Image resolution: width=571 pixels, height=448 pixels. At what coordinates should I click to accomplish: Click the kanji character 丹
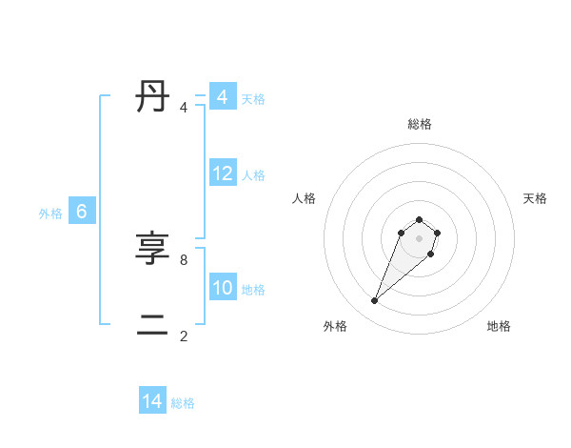(x=152, y=97)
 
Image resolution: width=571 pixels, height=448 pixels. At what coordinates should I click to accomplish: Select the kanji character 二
(x=152, y=326)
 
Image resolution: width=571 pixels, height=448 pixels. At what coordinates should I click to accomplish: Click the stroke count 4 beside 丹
(x=184, y=108)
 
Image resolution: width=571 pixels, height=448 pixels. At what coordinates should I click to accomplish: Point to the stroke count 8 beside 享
(x=184, y=259)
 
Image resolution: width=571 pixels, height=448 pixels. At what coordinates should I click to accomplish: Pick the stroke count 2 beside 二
(x=184, y=336)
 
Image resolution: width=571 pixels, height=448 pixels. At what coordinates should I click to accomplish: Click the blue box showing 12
(x=223, y=173)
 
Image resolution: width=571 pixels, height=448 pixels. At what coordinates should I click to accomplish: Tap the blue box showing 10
(x=223, y=288)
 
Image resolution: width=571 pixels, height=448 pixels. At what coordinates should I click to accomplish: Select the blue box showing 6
(x=82, y=212)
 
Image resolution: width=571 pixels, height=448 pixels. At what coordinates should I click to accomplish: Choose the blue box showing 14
(x=152, y=401)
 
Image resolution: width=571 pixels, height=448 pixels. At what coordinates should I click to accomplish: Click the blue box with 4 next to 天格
(x=223, y=97)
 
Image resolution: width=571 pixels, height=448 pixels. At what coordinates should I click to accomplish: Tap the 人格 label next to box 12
(x=253, y=175)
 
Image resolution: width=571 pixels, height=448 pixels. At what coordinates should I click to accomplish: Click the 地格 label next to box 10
(x=253, y=290)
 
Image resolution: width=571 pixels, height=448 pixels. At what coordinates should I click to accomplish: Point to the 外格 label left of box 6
(x=50, y=214)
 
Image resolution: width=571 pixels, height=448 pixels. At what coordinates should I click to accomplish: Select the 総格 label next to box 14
(x=183, y=403)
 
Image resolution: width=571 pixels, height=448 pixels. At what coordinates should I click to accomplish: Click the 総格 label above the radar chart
(x=419, y=124)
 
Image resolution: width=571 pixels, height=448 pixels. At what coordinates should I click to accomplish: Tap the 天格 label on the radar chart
(x=535, y=198)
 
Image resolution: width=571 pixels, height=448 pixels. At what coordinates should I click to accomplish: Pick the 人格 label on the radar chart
(x=304, y=198)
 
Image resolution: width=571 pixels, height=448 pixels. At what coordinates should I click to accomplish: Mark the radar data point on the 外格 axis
(x=375, y=301)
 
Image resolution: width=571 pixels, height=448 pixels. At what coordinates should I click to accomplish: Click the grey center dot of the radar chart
(x=419, y=238)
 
